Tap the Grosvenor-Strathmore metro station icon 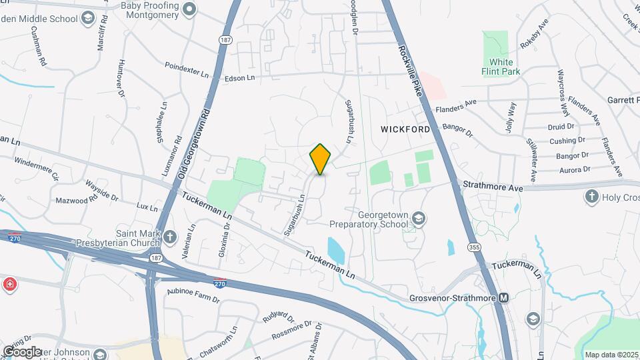pyautogui.click(x=504, y=297)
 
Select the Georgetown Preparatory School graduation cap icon pyautogui.click(x=418, y=218)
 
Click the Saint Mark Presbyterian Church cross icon pyautogui.click(x=170, y=237)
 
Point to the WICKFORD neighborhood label pyautogui.click(x=405, y=127)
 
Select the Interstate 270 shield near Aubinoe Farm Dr pyautogui.click(x=219, y=283)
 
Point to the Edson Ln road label pyautogui.click(x=240, y=78)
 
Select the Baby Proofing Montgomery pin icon pyautogui.click(x=189, y=9)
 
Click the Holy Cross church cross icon pyautogui.click(x=591, y=196)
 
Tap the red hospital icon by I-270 pyautogui.click(x=9, y=285)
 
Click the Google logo pyautogui.click(x=21, y=351)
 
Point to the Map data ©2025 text pyautogui.click(x=610, y=355)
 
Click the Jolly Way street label pyautogui.click(x=511, y=117)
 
